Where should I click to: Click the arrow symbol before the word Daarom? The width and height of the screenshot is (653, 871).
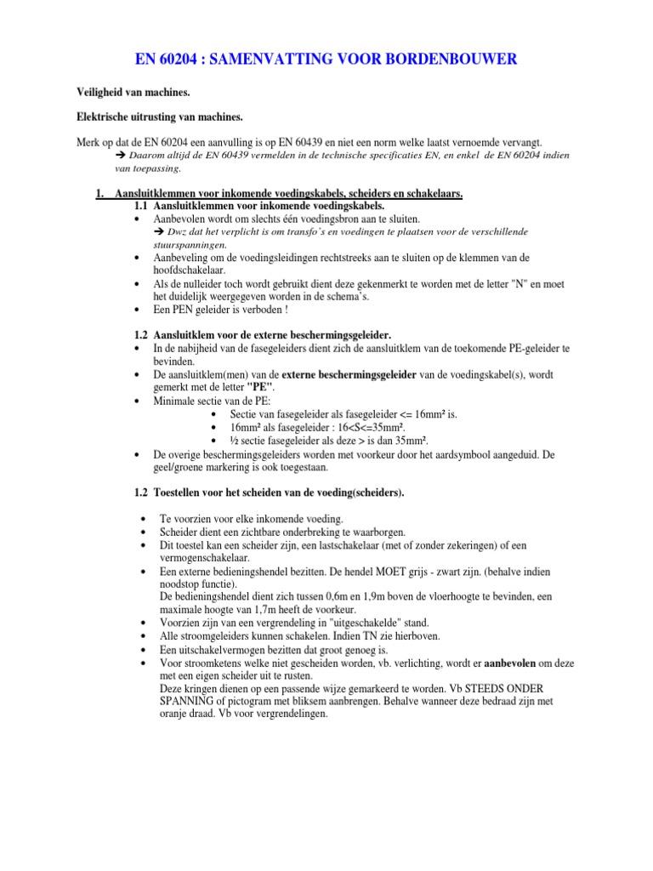[119, 157]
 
